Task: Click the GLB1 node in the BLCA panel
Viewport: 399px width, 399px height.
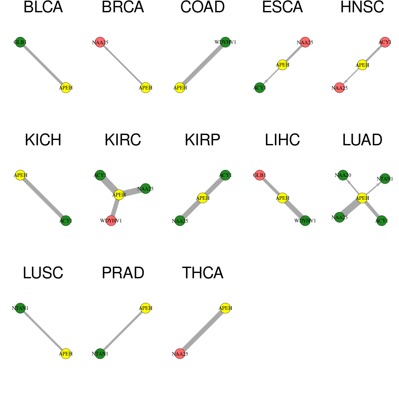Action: (x=20, y=42)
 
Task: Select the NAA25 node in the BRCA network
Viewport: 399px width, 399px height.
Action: (x=100, y=42)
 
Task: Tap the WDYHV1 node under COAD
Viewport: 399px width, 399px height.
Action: (x=225, y=42)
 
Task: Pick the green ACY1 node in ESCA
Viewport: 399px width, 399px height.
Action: (x=259, y=88)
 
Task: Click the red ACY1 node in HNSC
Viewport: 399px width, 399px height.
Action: (x=385, y=42)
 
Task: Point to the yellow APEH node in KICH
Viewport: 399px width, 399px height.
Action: (x=20, y=175)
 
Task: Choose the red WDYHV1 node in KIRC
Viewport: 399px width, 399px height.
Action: (x=111, y=221)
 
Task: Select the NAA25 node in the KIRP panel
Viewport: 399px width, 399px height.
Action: (x=180, y=221)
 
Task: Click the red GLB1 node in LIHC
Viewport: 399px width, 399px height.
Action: (x=259, y=175)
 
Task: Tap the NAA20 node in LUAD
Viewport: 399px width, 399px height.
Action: (x=343, y=175)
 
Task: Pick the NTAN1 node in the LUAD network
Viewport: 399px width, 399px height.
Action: (x=385, y=179)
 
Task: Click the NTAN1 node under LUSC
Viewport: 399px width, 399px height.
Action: (x=20, y=308)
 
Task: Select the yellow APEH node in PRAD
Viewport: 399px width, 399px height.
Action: (x=146, y=308)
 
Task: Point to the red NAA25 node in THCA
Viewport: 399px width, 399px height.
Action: (x=180, y=354)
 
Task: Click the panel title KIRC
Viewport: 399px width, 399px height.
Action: (x=123, y=140)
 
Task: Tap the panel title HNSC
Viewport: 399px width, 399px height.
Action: (x=362, y=7)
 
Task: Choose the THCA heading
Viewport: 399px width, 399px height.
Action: (x=203, y=273)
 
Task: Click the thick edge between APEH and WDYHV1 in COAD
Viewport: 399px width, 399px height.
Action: (x=202, y=65)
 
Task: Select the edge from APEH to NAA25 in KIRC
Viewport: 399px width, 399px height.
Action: (x=132, y=192)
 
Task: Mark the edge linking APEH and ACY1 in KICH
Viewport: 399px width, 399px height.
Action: (x=43, y=198)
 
